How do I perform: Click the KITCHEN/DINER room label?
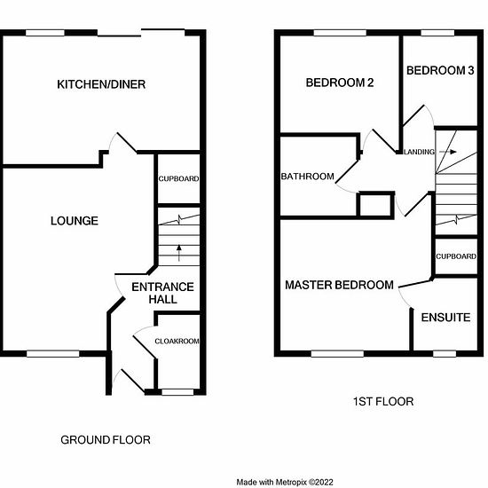101,84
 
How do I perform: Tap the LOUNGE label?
75,221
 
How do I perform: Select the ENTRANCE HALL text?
162,293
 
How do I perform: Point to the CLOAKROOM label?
177,341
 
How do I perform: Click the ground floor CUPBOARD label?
178,179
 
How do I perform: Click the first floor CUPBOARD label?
456,256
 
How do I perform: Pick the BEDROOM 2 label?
340,83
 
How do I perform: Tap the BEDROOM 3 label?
440,71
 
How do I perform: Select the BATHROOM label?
308,177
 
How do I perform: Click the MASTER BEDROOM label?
339,285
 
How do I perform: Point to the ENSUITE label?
445,318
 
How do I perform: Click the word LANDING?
419,152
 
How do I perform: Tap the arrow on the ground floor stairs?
179,253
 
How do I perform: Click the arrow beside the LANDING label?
448,152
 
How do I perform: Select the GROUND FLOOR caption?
106,440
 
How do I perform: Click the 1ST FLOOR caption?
383,401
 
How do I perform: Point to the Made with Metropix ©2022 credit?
285,482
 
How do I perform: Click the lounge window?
53,353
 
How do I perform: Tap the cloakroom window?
177,392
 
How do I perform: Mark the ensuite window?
445,353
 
